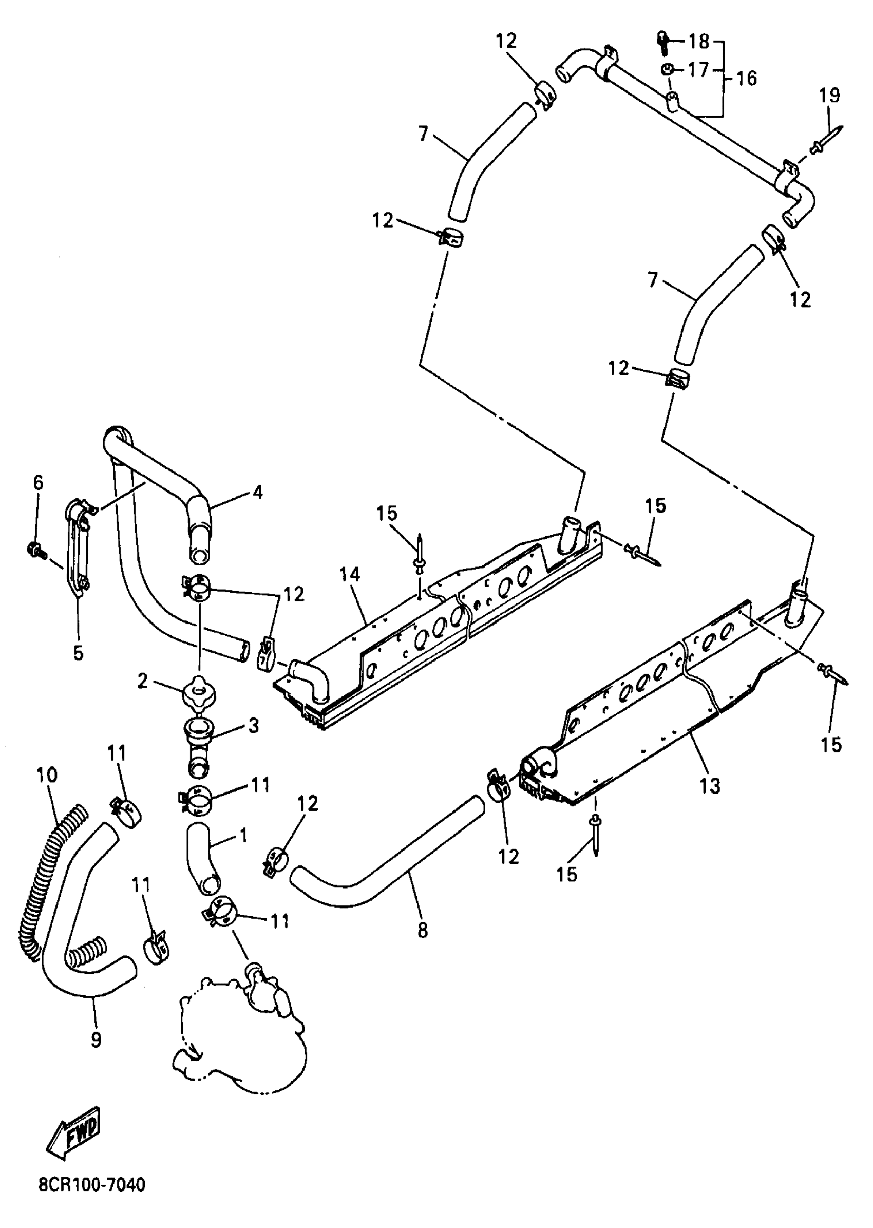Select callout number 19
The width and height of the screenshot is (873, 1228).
[x=829, y=96]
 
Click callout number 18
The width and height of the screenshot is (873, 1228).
[x=699, y=41]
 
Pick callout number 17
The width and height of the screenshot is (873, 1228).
[x=699, y=70]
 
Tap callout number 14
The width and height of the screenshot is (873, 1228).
[x=349, y=575]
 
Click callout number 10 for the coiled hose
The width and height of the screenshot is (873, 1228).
[x=47, y=775]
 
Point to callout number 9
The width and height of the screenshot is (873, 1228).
[x=96, y=1040]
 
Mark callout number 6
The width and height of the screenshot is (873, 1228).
[x=38, y=482]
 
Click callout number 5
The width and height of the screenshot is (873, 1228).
[x=79, y=653]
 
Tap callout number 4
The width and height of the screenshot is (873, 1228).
[x=257, y=492]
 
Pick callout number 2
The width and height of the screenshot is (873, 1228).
[x=142, y=681]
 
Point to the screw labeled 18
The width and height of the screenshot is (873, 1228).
[x=663, y=42]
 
